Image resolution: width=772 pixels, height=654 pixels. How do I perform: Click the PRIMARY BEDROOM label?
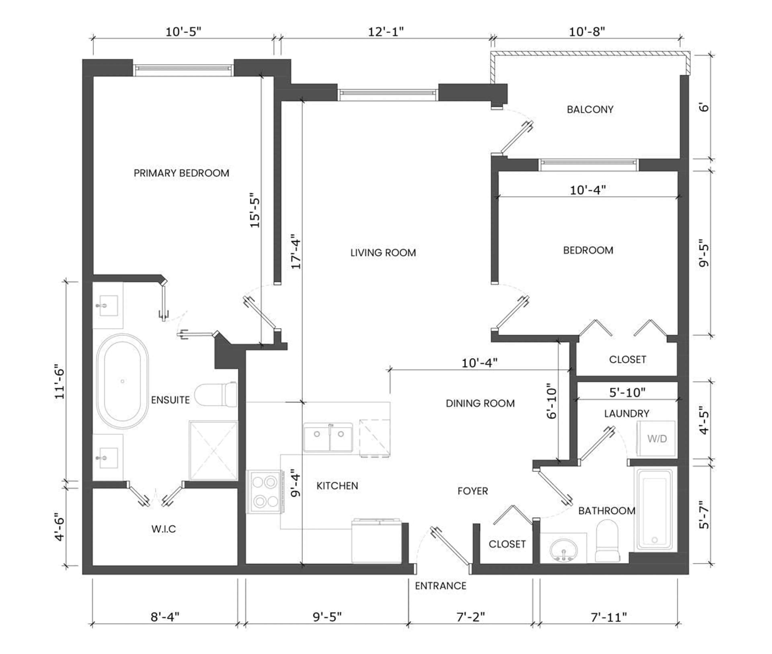tap(181, 173)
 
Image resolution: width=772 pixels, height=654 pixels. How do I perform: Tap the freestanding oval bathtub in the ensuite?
tap(122, 381)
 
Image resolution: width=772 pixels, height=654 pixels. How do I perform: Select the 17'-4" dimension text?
tap(296, 251)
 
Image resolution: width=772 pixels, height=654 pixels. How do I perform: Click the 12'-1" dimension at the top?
tap(386, 32)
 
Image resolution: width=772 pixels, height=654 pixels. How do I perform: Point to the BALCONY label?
tap(590, 110)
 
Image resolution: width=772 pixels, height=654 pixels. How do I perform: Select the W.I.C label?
tap(163, 529)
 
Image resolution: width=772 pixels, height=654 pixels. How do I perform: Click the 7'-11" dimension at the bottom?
tap(609, 617)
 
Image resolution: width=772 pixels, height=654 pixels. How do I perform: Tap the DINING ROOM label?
tap(480, 403)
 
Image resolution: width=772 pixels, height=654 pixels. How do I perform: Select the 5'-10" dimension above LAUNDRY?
tap(627, 392)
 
